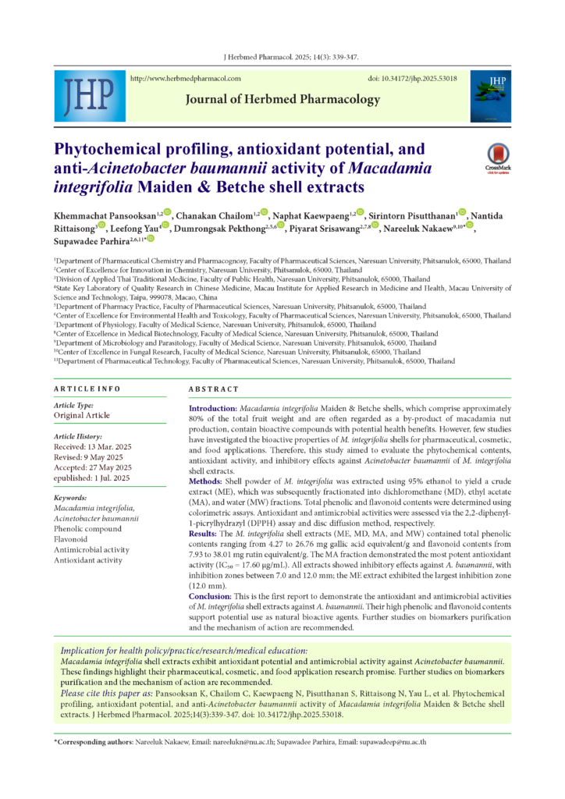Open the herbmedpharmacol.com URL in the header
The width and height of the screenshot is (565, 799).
[184, 79]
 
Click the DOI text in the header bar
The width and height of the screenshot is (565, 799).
[412, 79]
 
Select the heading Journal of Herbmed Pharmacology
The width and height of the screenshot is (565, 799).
[282, 100]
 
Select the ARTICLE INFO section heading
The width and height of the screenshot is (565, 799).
[87, 389]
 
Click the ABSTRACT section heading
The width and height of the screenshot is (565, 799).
[213, 389]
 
